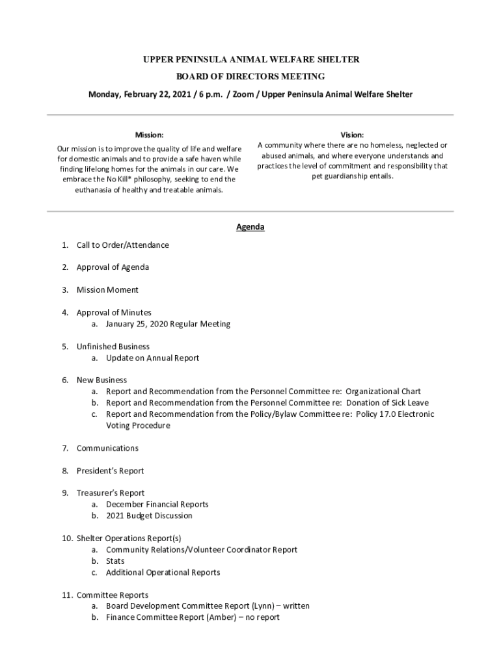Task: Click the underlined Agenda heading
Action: pos(250,227)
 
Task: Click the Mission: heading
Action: pos(149,135)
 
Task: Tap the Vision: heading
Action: pos(352,135)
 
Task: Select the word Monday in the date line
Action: pos(104,94)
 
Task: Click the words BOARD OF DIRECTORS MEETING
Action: pos(251,77)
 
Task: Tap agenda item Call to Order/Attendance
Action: pos(122,245)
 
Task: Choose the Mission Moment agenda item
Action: pos(107,290)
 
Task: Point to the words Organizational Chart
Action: pos(383,392)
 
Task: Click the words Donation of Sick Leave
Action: pos(387,403)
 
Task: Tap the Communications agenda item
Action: pos(107,448)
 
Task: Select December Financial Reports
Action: pos(157,504)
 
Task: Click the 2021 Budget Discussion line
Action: pos(149,516)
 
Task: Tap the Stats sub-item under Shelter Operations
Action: pos(115,561)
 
